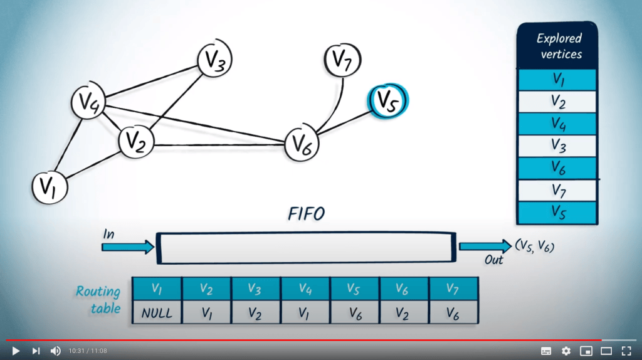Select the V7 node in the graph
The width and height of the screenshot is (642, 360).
(x=342, y=61)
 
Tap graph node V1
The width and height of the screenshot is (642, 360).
(x=50, y=186)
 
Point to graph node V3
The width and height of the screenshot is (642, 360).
(x=215, y=61)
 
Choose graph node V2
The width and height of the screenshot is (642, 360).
(x=136, y=142)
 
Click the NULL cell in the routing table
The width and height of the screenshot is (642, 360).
(x=157, y=312)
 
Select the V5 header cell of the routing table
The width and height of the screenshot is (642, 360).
(x=355, y=289)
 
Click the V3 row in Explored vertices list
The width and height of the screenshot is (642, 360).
(x=556, y=145)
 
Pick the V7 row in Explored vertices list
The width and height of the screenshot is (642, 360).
(x=556, y=189)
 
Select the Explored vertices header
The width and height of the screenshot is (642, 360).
(x=556, y=46)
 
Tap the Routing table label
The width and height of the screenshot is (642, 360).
(x=99, y=300)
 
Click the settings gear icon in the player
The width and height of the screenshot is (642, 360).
(x=566, y=351)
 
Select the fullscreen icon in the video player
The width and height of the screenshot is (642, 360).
(x=626, y=351)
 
